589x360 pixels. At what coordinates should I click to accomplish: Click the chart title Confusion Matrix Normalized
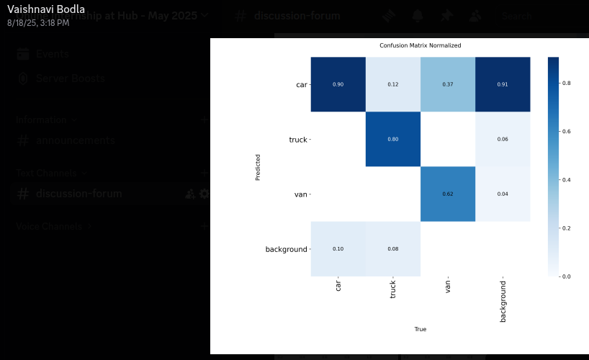(x=420, y=45)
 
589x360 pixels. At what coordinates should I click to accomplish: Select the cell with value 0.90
(x=338, y=84)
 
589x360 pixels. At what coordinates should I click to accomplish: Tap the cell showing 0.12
(x=392, y=84)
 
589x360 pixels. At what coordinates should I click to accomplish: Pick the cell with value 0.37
(x=448, y=84)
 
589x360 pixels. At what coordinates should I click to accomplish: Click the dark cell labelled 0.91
(x=503, y=84)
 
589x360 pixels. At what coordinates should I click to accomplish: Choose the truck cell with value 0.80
(x=392, y=139)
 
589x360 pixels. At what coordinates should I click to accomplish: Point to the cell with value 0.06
(x=503, y=139)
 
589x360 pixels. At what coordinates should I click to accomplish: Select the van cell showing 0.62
(x=448, y=194)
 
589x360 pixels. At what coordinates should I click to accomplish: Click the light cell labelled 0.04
(x=503, y=194)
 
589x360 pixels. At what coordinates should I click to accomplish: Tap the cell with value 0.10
(x=338, y=248)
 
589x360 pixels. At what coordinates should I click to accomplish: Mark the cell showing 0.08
(x=392, y=248)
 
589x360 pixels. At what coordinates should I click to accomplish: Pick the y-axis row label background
(x=286, y=249)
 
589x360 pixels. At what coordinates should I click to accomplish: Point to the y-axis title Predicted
(x=258, y=166)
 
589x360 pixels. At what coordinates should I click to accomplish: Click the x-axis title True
(x=420, y=329)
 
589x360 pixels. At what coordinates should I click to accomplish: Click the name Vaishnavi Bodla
(x=46, y=9)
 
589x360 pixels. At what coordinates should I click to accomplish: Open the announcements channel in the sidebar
(x=75, y=140)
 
